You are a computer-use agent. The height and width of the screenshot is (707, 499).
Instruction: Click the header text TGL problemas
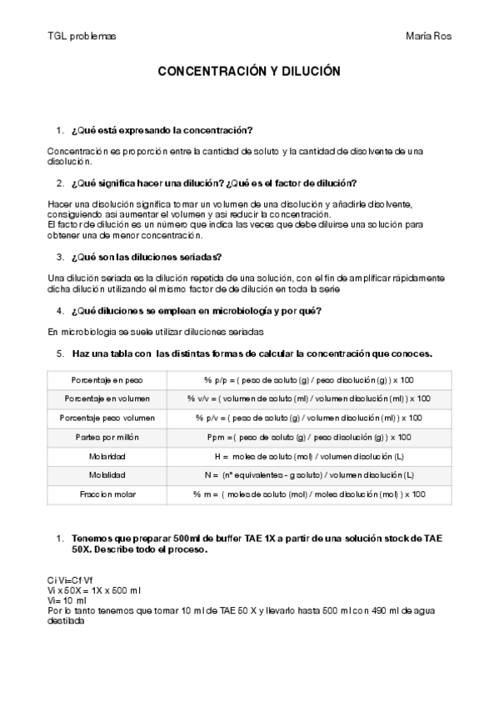point(82,37)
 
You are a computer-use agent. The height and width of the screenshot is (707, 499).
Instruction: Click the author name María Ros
point(428,37)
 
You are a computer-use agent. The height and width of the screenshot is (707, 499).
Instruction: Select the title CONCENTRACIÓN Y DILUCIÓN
point(249,73)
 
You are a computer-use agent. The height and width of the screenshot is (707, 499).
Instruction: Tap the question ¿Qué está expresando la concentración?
point(162,131)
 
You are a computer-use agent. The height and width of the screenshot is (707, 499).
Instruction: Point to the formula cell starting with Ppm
point(308,436)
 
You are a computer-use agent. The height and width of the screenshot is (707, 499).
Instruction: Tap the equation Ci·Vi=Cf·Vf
point(71,579)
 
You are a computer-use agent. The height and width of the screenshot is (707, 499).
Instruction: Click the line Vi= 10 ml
point(67,599)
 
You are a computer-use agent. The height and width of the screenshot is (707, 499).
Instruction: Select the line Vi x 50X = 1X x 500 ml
point(97,589)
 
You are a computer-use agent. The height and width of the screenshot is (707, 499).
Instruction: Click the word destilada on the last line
point(67,620)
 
